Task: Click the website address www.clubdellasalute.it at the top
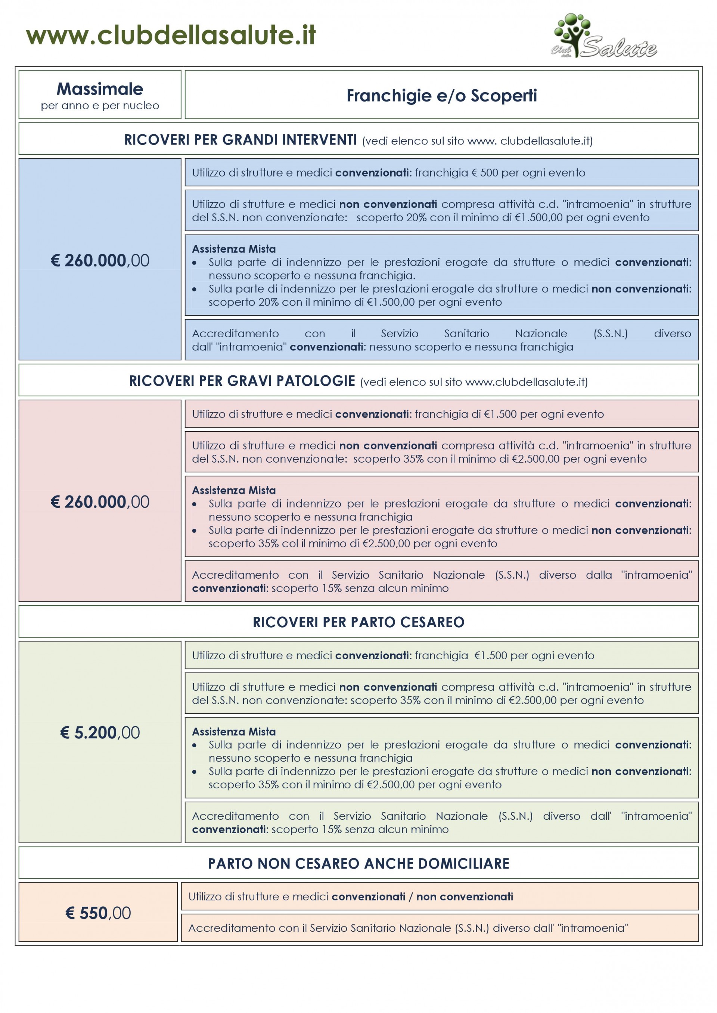click(171, 35)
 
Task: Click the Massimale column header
click(100, 89)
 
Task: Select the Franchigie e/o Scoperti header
click(441, 95)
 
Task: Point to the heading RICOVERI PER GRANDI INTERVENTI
click(240, 140)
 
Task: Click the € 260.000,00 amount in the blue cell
click(100, 260)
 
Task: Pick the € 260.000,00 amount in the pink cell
click(100, 501)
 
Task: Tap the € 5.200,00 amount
click(100, 732)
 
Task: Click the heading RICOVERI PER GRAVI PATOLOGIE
click(242, 381)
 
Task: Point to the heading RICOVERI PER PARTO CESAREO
click(358, 622)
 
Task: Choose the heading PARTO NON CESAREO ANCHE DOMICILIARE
click(358, 863)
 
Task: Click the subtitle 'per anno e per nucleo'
click(100, 106)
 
